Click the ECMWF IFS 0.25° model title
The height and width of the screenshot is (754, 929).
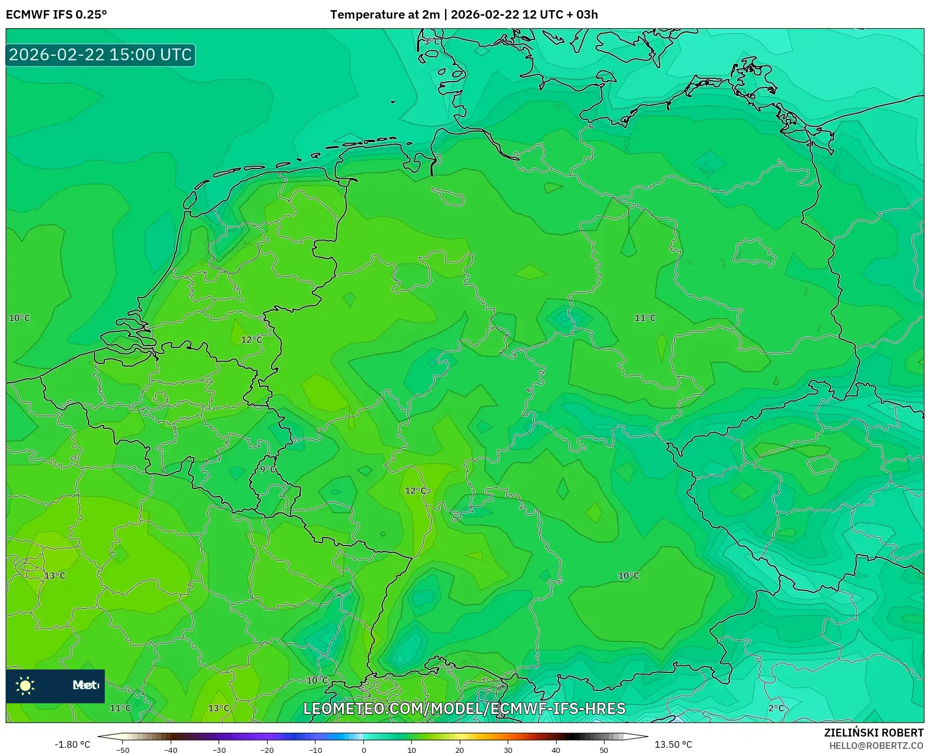[56, 15]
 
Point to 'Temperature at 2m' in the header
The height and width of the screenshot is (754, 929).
[385, 15]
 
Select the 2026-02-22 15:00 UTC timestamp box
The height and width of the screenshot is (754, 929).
[100, 55]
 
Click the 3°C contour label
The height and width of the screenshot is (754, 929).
[433, 41]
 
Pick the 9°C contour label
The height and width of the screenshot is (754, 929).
[268, 469]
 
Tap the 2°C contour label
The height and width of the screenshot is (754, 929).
[776, 708]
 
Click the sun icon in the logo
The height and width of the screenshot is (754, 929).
[25, 685]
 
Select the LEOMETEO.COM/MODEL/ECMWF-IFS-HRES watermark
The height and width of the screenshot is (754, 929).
[464, 708]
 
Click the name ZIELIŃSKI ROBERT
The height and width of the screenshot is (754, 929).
[873, 733]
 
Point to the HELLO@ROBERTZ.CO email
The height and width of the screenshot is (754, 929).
[875, 746]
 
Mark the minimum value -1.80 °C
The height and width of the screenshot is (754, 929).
[72, 744]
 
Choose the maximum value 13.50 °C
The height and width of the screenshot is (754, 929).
[673, 744]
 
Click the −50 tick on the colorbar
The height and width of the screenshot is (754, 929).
[123, 750]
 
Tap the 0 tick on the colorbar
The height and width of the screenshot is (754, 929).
[364, 750]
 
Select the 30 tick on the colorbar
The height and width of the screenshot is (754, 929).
[508, 750]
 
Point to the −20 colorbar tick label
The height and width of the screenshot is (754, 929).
[267, 750]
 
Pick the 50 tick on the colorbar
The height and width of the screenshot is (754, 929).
[604, 750]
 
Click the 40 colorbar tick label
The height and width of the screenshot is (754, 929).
[556, 750]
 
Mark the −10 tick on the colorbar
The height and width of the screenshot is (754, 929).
[315, 750]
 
